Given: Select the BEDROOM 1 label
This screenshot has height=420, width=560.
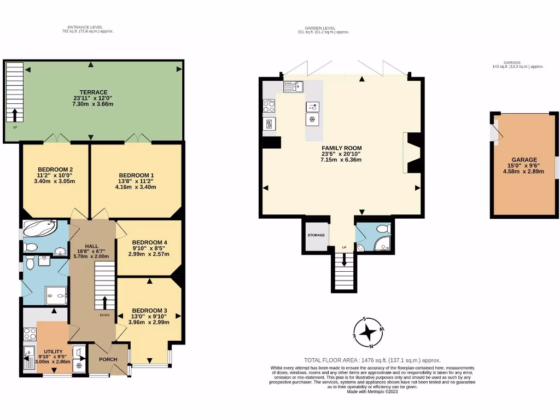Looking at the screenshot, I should [x=136, y=175].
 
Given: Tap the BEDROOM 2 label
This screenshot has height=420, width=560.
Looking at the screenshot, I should [x=55, y=169].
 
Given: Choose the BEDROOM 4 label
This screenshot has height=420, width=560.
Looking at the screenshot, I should [x=149, y=242].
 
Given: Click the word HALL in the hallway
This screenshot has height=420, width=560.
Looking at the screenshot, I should [x=91, y=246].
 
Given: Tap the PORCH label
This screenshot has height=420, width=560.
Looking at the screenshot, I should [x=108, y=360].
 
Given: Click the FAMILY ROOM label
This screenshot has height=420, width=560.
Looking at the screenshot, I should [x=341, y=148].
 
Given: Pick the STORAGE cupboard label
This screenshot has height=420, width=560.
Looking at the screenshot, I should [x=316, y=235].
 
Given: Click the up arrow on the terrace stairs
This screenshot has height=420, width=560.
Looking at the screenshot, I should [x=14, y=114].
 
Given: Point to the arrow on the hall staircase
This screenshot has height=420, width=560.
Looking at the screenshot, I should [x=104, y=302].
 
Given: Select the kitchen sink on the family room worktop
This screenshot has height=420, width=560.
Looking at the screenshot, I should [x=293, y=86].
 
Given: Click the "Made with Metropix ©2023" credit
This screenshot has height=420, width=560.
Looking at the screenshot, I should [x=372, y=392].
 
